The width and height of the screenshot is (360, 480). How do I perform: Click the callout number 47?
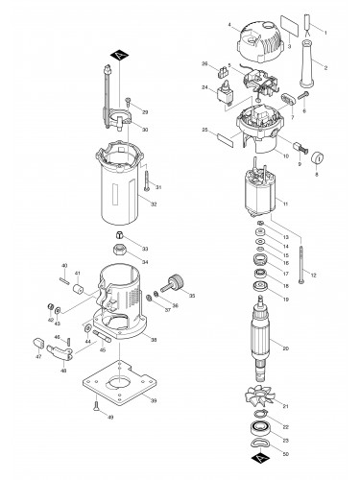(39, 357)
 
